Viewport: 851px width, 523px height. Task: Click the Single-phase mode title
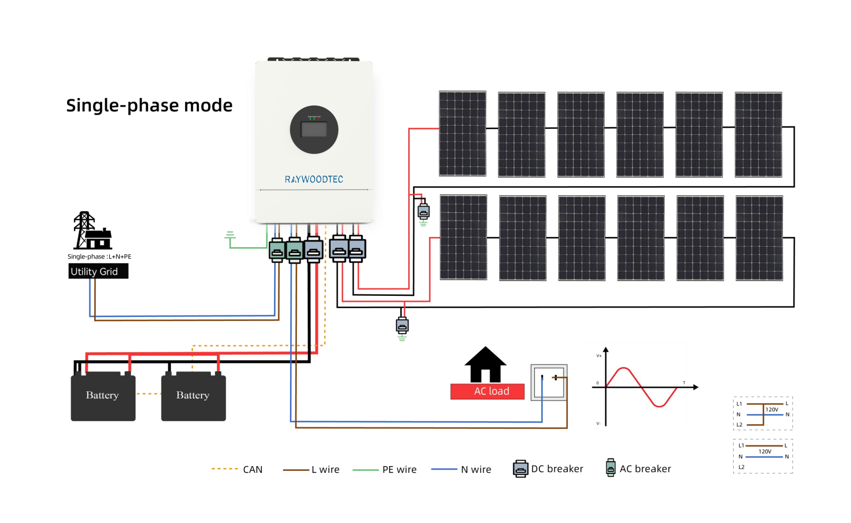pos(149,106)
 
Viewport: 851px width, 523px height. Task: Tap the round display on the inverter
pos(314,130)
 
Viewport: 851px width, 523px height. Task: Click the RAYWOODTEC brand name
pos(314,179)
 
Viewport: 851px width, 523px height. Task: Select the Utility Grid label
pos(98,271)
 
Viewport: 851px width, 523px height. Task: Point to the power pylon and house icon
pos(92,231)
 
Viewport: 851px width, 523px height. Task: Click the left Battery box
pos(103,396)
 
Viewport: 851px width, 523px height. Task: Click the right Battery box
pos(193,396)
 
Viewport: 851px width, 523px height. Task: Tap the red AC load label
pos(488,391)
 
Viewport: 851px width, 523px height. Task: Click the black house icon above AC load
pos(485,365)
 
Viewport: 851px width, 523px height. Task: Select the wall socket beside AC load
pos(549,383)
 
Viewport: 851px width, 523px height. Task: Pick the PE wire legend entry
pos(385,469)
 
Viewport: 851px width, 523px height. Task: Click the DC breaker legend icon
pos(520,469)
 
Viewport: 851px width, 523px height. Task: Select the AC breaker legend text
pos(645,469)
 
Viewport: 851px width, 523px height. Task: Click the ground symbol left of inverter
pos(230,236)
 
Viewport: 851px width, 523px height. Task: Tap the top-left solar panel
pos(462,133)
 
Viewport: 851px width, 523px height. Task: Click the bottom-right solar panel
pos(759,238)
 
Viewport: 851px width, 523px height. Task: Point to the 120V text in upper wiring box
pos(772,409)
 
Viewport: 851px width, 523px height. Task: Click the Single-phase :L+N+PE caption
pos(99,256)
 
